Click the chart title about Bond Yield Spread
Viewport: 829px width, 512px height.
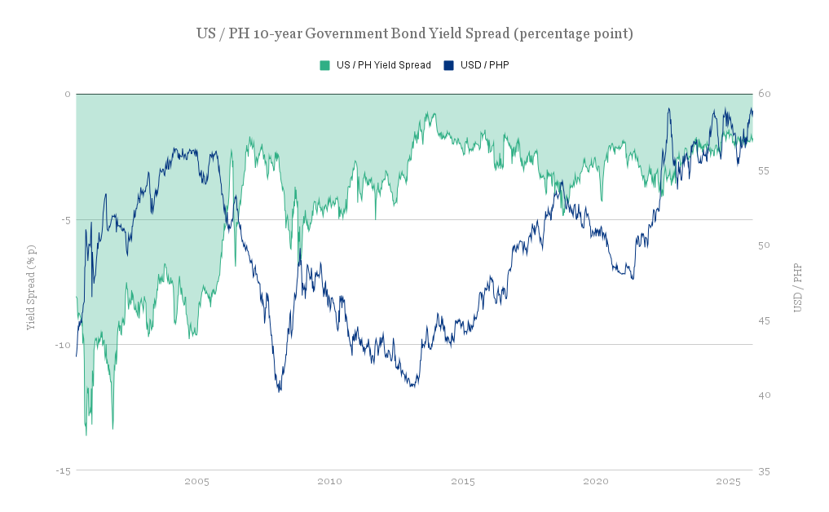click(x=414, y=33)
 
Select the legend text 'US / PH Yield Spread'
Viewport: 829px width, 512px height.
click(x=383, y=65)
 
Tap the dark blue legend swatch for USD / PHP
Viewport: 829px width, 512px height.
click(x=448, y=65)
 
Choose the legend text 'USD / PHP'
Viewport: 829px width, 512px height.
click(x=484, y=65)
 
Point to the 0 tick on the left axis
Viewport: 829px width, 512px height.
click(x=68, y=94)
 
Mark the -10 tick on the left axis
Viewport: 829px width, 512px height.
click(x=64, y=345)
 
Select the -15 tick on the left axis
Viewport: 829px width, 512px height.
click(x=64, y=470)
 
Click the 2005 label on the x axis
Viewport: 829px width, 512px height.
click(x=196, y=482)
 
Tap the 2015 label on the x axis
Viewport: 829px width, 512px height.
click(x=462, y=482)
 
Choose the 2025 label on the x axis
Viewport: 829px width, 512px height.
click(x=728, y=482)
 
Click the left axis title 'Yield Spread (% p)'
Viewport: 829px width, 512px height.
click(x=32, y=286)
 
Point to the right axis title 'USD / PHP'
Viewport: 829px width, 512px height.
click(x=798, y=288)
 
